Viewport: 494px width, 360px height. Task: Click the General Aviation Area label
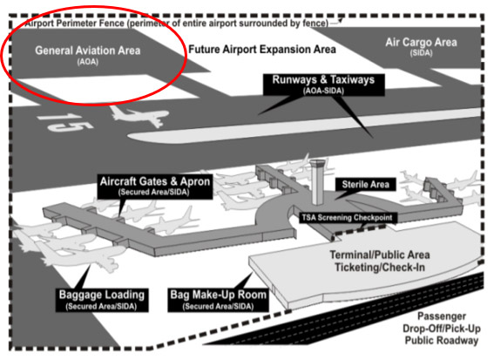[x=89, y=51]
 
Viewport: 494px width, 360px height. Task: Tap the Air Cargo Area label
[x=422, y=43]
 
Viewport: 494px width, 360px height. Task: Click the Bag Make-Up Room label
[x=218, y=298]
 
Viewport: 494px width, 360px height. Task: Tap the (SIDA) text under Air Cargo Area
[x=421, y=54]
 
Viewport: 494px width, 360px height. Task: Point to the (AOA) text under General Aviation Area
[x=88, y=63]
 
